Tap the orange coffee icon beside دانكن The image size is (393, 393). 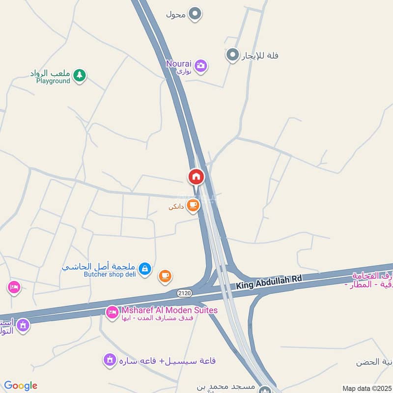(x=193, y=205)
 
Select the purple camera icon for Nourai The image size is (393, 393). (x=200, y=66)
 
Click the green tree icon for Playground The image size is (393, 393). (x=79, y=75)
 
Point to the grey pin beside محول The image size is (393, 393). (x=196, y=14)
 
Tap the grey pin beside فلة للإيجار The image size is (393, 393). (x=232, y=55)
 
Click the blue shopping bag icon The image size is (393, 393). (x=144, y=269)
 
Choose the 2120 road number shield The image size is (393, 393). (x=185, y=293)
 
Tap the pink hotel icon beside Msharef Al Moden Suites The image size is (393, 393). (x=112, y=312)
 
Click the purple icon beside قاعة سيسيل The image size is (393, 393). (x=110, y=361)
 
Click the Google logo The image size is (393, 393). (x=21, y=386)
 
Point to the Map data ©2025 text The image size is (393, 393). (x=366, y=388)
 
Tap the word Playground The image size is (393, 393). (x=53, y=81)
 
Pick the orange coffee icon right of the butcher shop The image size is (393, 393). (x=165, y=276)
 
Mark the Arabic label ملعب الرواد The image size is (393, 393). (x=50, y=73)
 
